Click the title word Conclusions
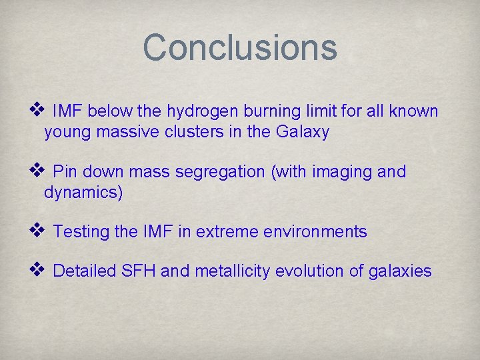[240, 47]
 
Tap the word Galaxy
[302, 132]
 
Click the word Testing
[81, 231]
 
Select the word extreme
[228, 231]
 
